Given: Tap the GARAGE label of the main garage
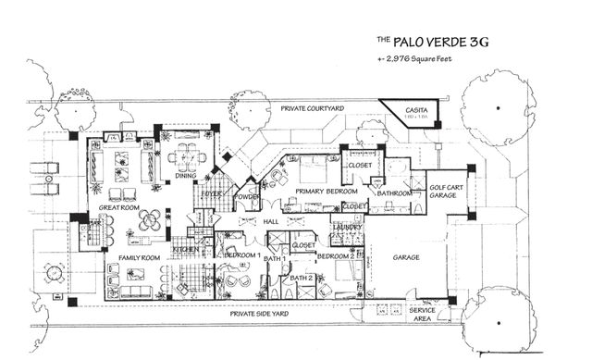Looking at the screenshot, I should pyautogui.click(x=406, y=257).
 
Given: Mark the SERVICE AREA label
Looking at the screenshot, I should pyautogui.click(x=422, y=314).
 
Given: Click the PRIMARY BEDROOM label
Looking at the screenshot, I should pyautogui.click(x=313, y=192).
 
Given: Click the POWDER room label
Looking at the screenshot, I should pyautogui.click(x=246, y=196).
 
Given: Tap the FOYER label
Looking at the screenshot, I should pyautogui.click(x=212, y=193).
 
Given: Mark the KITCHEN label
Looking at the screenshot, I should pyautogui.click(x=184, y=249).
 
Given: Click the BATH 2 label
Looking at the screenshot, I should pyautogui.click(x=302, y=278).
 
